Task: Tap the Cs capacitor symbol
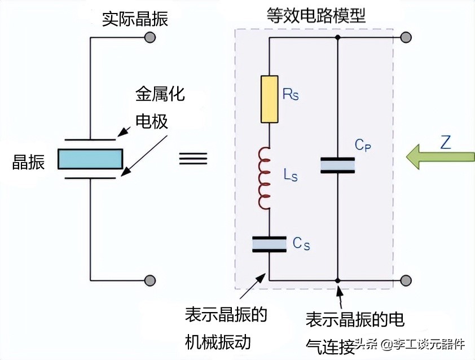pyautogui.click(x=269, y=244)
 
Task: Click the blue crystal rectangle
pyautogui.click(x=91, y=159)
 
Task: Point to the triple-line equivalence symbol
pyautogui.click(x=191, y=159)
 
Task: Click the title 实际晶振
pyautogui.click(x=135, y=20)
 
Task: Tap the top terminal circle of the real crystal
pyautogui.click(x=149, y=38)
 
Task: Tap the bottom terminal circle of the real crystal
pyautogui.click(x=149, y=280)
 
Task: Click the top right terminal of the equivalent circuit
pyautogui.click(x=405, y=38)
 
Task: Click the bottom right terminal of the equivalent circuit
pyautogui.click(x=405, y=280)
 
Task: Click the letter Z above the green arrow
pyautogui.click(x=445, y=142)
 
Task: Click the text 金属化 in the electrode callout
pyautogui.click(x=160, y=94)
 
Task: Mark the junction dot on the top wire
pyautogui.click(x=337, y=38)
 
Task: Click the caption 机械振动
pyautogui.click(x=217, y=341)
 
